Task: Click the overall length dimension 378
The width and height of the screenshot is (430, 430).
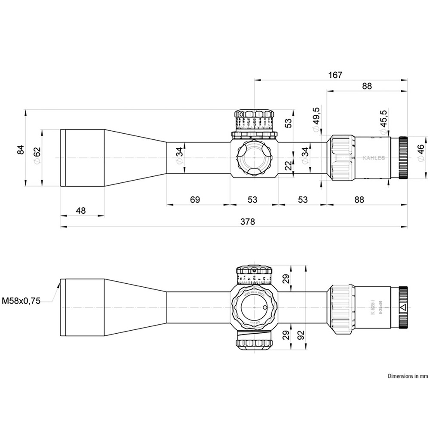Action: pyautogui.click(x=248, y=221)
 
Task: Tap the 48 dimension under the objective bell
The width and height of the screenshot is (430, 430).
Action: pyautogui.click(x=81, y=211)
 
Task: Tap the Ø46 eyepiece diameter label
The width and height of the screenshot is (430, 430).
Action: pyautogui.click(x=420, y=154)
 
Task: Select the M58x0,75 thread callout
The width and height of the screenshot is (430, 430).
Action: pyautogui.click(x=21, y=301)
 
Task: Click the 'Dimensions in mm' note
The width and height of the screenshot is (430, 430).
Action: pyautogui.click(x=408, y=376)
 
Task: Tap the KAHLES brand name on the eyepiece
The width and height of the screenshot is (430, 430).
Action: pyautogui.click(x=374, y=158)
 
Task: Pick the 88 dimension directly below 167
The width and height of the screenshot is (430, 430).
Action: pyautogui.click(x=366, y=86)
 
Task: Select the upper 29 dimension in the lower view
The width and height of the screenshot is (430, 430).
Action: pyautogui.click(x=285, y=279)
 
